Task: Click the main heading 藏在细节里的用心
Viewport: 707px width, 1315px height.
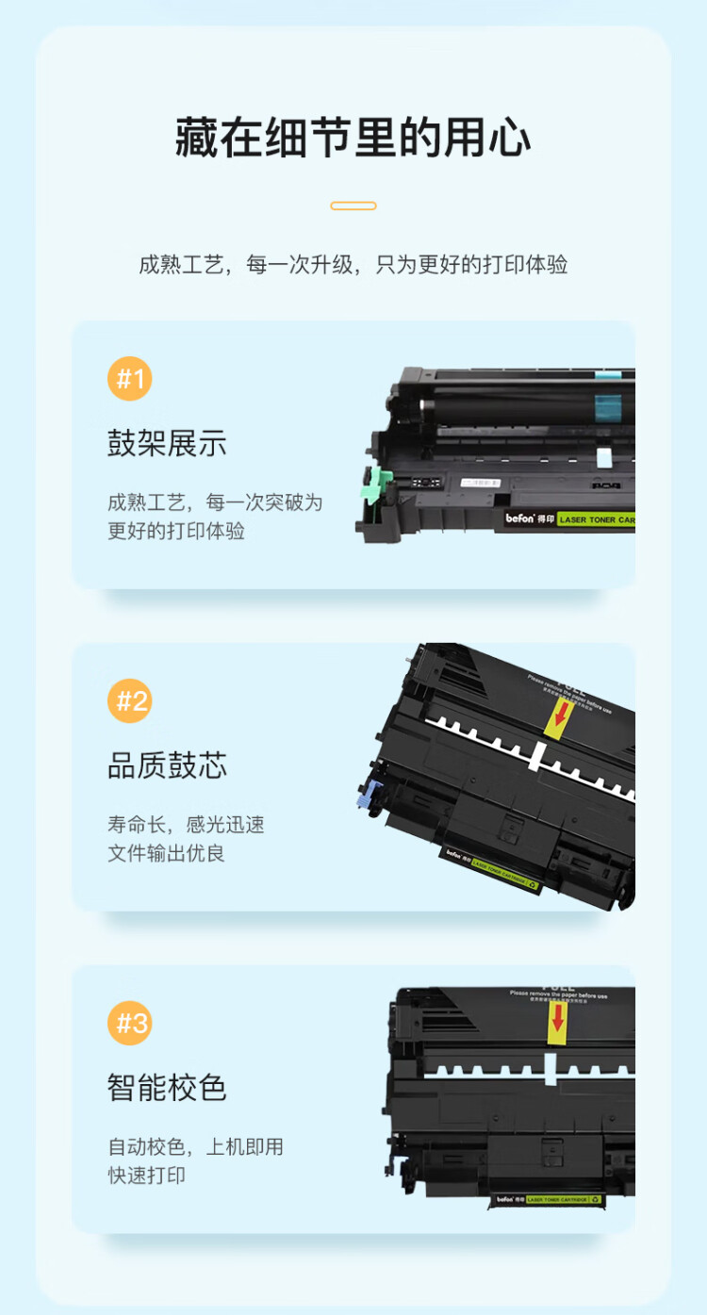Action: click(353, 139)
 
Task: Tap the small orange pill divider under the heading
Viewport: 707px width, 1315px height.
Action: click(353, 205)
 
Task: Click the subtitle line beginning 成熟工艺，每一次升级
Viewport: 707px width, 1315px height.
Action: click(353, 265)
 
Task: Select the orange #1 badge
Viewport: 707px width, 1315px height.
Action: click(129, 379)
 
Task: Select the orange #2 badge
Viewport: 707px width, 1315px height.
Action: click(129, 700)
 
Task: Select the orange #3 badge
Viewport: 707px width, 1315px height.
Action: click(129, 1023)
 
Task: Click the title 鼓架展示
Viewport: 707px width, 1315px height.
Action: click(167, 444)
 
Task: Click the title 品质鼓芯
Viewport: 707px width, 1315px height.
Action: click(167, 765)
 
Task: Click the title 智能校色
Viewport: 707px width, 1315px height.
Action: click(167, 1088)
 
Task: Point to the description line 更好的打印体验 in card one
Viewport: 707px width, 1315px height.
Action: click(176, 531)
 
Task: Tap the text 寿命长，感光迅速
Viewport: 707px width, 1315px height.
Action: click(186, 825)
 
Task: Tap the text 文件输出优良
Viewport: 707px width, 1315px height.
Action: click(166, 854)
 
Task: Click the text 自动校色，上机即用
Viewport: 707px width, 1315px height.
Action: click(195, 1147)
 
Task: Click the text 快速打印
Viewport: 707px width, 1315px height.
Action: click(146, 1175)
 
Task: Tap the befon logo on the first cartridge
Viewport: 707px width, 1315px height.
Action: click(521, 518)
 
